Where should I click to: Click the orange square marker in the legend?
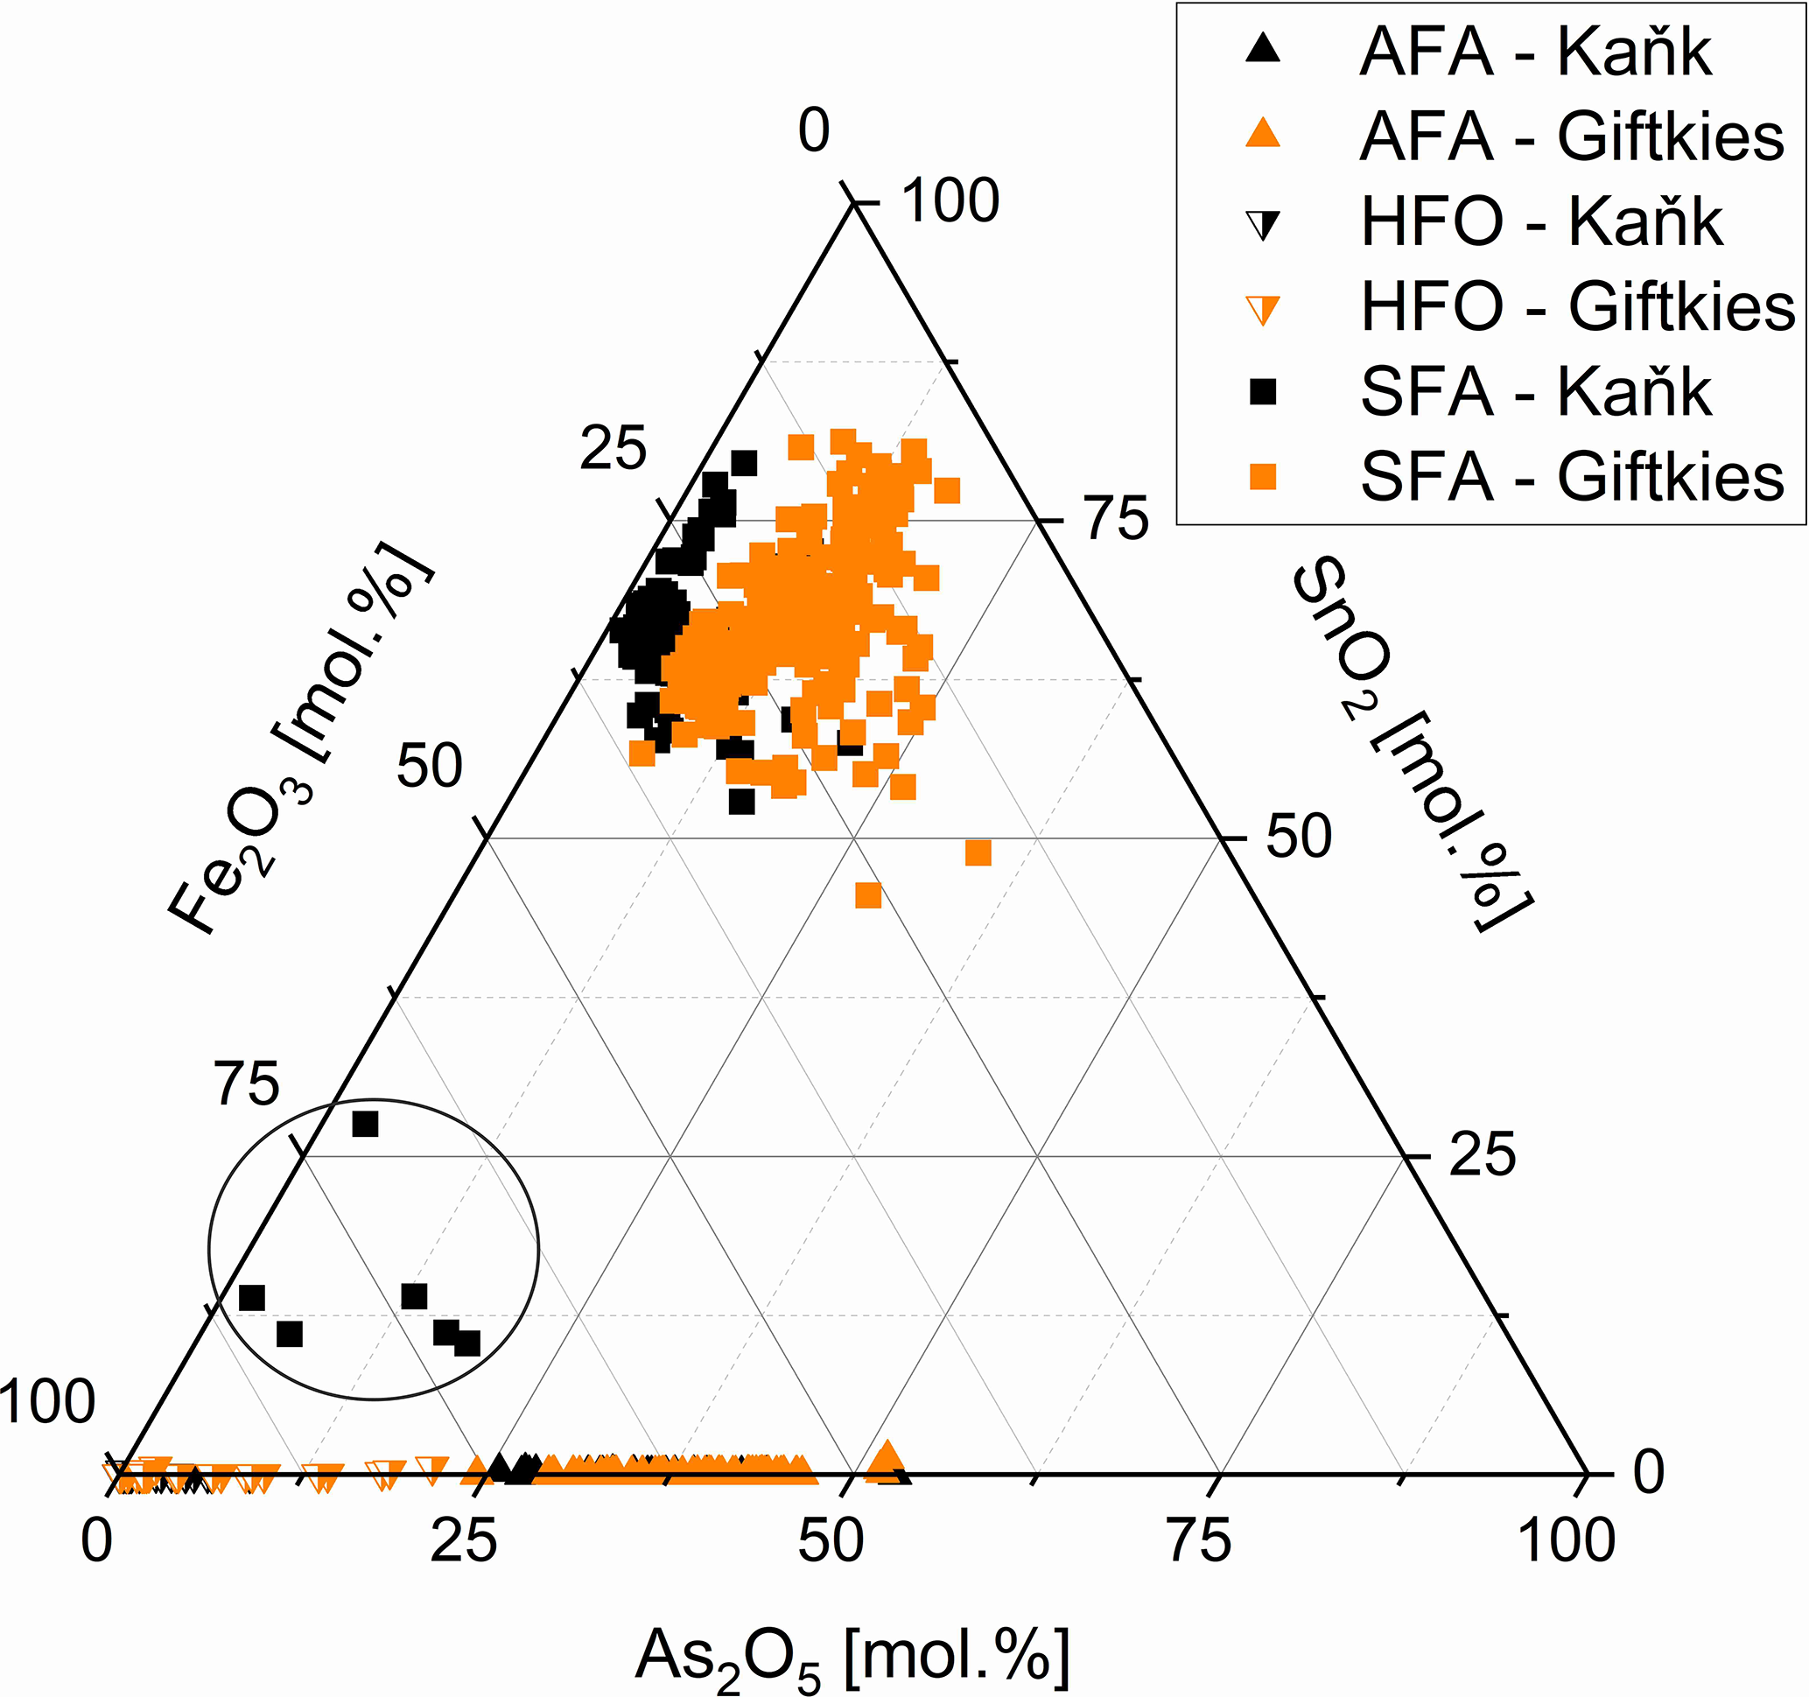[1262, 477]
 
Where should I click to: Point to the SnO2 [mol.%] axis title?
[1412, 747]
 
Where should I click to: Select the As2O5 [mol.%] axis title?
[852, 1656]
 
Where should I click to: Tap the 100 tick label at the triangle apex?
[950, 201]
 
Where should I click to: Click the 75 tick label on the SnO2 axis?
[1118, 521]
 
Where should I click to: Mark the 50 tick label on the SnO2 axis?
[1299, 838]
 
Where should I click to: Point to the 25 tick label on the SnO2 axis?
[1483, 1155]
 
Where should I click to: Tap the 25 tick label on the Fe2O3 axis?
[614, 449]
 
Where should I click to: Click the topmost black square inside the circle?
[365, 1125]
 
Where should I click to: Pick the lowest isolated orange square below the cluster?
[868, 895]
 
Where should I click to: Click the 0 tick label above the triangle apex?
[815, 131]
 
